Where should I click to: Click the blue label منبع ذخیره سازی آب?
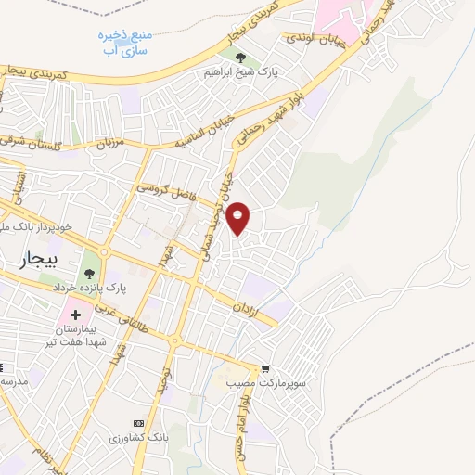(127, 38)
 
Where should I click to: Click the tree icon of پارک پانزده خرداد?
(89, 273)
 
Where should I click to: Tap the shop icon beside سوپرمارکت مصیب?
(265, 368)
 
